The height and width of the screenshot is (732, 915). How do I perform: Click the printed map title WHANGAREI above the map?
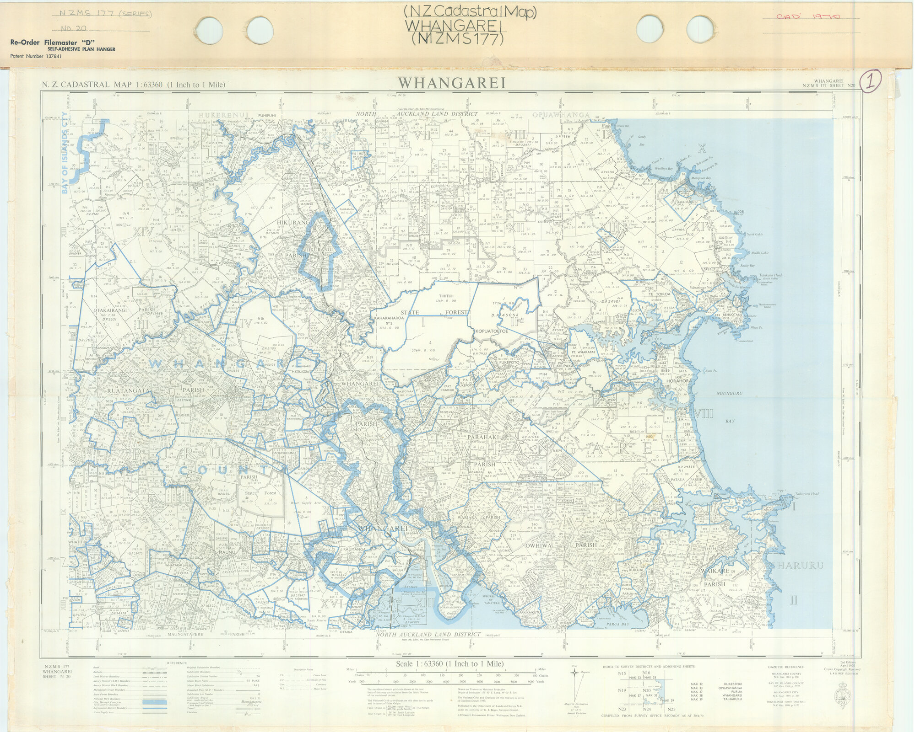click(452, 83)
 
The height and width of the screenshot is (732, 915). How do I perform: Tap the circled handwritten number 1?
click(871, 82)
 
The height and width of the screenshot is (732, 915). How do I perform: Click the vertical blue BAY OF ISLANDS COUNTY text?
click(65, 153)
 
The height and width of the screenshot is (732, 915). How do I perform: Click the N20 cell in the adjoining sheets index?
click(647, 691)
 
